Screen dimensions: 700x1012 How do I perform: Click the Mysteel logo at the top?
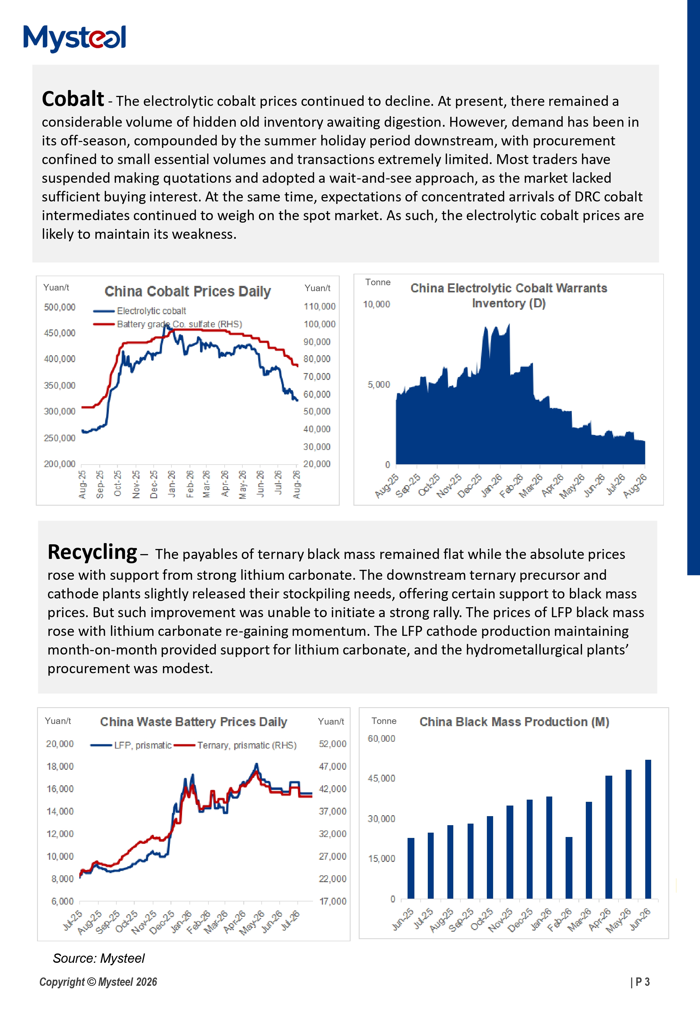75,38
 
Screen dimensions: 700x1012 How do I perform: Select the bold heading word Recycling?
92,552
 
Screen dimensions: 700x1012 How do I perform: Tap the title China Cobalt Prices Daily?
187,291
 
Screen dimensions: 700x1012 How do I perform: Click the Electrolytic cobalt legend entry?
139,311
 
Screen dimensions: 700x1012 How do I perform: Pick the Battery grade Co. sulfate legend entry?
168,324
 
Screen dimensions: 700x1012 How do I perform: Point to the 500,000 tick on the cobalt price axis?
60,307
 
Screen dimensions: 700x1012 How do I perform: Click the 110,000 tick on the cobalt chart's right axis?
319,306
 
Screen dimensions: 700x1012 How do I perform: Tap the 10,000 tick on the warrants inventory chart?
376,304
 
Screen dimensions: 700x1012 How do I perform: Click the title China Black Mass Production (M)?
514,722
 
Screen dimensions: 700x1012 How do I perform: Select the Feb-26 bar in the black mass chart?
569,868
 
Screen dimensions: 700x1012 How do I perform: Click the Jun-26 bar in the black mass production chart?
648,829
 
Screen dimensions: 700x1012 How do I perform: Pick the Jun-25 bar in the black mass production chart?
411,868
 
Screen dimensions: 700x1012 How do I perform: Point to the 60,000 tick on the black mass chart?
381,739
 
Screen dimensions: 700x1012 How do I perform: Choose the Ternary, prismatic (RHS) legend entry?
236,745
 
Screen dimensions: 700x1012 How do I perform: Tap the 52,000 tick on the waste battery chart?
333,744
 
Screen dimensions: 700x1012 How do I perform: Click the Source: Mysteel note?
99,958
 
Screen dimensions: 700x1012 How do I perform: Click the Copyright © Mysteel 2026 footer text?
98,982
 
